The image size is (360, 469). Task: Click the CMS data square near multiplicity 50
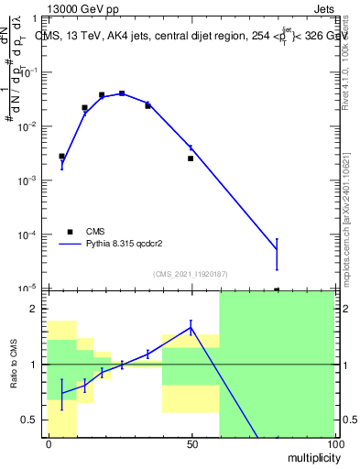pyautogui.click(x=191, y=158)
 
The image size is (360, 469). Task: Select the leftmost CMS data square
pyautogui.click(x=61, y=157)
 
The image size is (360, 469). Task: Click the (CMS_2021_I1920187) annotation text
pyautogui.click(x=190, y=274)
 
